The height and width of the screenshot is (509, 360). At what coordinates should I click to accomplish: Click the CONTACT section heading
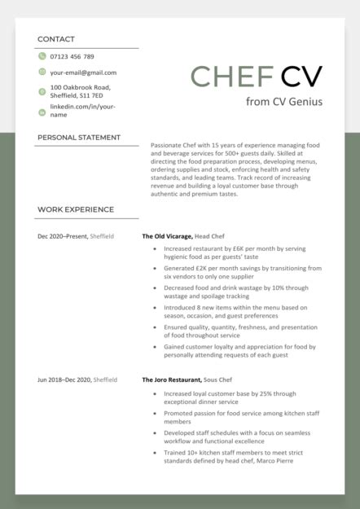[56, 39]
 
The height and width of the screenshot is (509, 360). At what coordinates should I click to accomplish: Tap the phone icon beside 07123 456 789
[42, 56]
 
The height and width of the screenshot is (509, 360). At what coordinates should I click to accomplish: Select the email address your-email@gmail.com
[83, 72]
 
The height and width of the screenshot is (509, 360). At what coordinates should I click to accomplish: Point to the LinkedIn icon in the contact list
[42, 111]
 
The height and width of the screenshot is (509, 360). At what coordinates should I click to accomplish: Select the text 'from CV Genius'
[284, 102]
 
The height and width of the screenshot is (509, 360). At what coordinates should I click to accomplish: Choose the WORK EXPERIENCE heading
[76, 209]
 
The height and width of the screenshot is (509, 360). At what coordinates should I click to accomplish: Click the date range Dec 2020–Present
[63, 236]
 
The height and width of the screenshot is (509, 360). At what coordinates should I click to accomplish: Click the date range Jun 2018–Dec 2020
[64, 380]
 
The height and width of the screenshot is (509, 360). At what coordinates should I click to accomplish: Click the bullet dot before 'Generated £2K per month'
[154, 268]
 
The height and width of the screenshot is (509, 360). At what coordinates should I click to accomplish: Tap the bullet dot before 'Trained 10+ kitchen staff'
[154, 452]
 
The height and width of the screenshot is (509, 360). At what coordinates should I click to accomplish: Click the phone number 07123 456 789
[72, 56]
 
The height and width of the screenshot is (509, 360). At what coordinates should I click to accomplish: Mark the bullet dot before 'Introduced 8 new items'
[154, 308]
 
